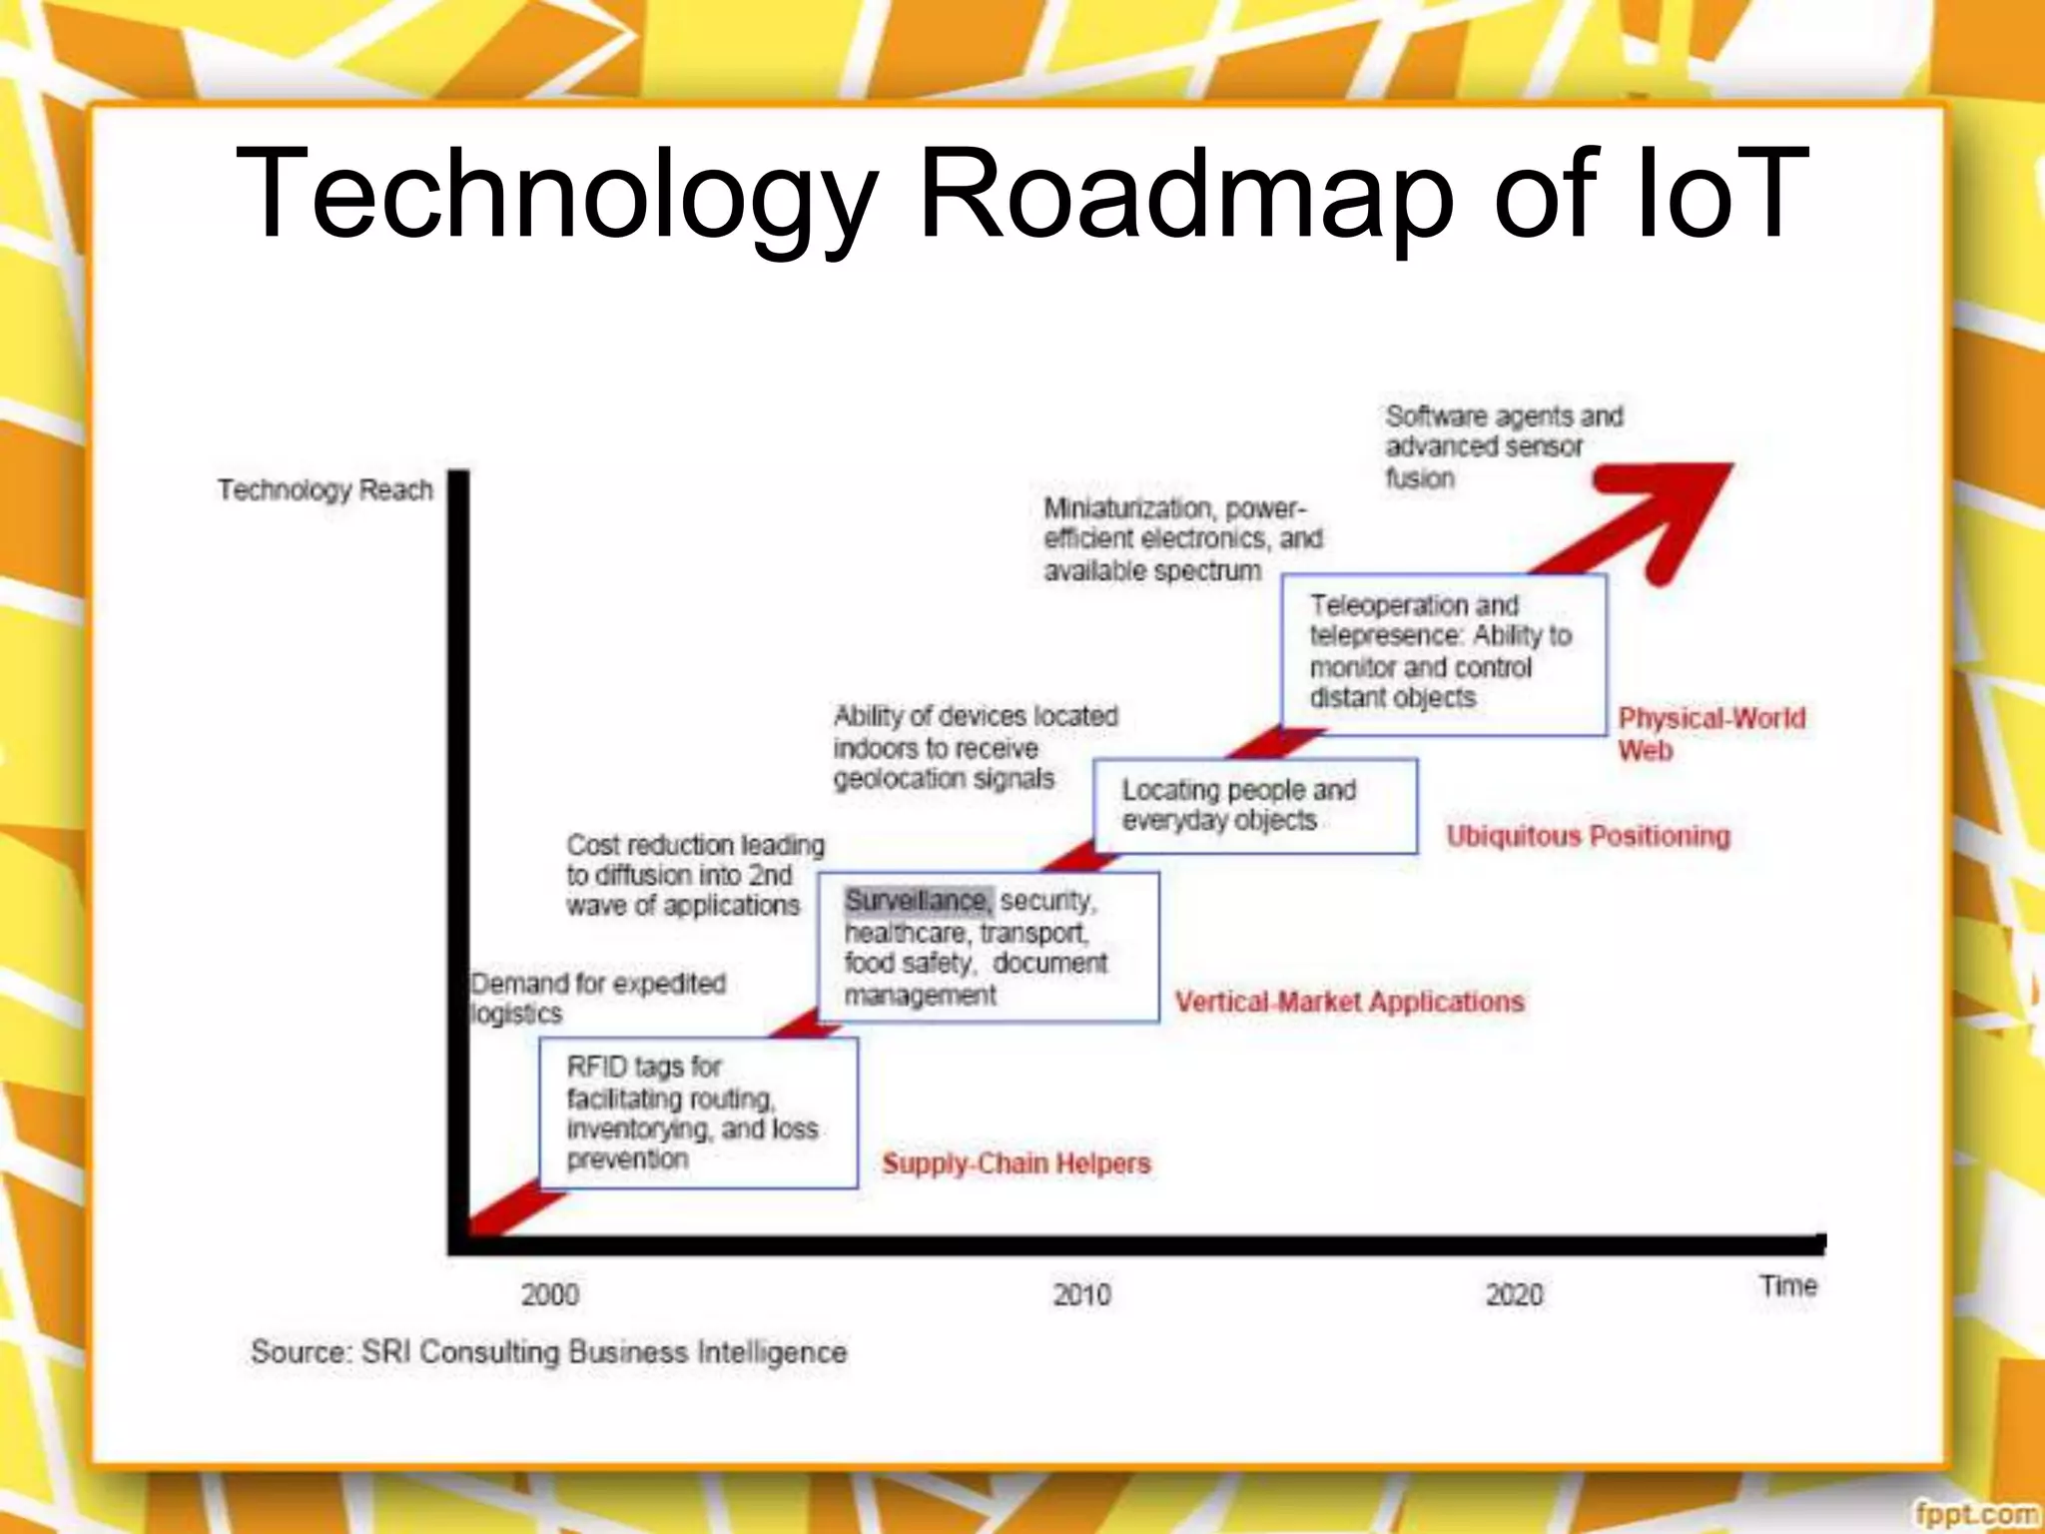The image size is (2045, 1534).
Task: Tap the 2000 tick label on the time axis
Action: [549, 1295]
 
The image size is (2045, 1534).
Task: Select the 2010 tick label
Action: [1081, 1295]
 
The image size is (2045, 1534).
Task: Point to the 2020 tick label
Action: [1514, 1295]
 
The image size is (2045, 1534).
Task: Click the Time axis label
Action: [1787, 1285]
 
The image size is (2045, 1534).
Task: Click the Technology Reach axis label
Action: [326, 490]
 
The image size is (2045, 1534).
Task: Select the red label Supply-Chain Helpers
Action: [1016, 1163]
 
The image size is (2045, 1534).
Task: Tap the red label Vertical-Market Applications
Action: [1349, 1002]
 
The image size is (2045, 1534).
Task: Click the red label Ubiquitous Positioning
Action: [1588, 836]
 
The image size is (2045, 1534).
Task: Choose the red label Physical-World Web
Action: [1710, 733]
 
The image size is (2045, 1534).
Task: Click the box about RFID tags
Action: [698, 1113]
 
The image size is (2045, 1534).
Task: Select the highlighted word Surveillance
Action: [918, 901]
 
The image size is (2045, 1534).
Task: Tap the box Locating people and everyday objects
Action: [1255, 805]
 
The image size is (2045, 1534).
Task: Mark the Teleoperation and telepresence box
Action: [1443, 653]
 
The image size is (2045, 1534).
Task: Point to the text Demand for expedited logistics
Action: [597, 998]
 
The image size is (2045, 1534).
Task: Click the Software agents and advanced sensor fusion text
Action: [1503, 446]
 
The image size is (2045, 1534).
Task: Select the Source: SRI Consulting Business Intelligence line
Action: [548, 1352]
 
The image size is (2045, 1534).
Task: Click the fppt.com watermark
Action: [1977, 1514]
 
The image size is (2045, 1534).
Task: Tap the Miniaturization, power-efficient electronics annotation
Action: [1182, 539]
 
